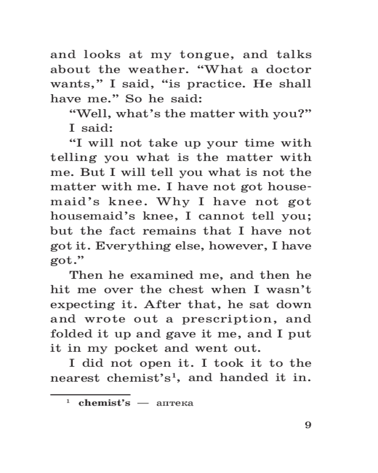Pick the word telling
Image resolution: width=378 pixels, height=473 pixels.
(73, 158)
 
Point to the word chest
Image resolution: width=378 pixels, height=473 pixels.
(185, 290)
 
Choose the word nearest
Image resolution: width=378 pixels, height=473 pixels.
(77, 378)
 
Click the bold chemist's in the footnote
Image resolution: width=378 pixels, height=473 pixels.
(104, 404)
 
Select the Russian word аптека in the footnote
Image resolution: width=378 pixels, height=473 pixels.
(174, 404)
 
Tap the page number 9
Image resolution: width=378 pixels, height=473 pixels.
(308, 424)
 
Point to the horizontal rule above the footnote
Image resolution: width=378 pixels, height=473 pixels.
(90, 394)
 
